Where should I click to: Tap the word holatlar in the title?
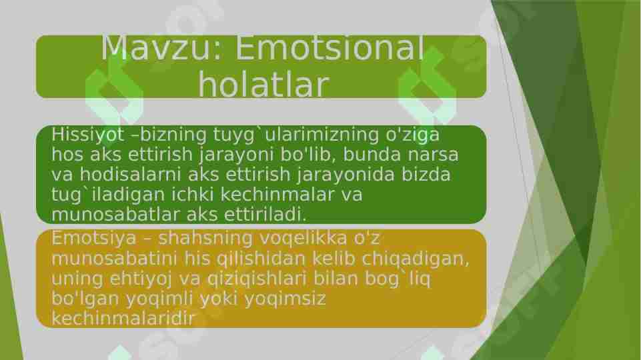(263, 85)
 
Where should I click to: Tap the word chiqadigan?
(423, 258)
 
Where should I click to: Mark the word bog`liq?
(399, 278)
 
